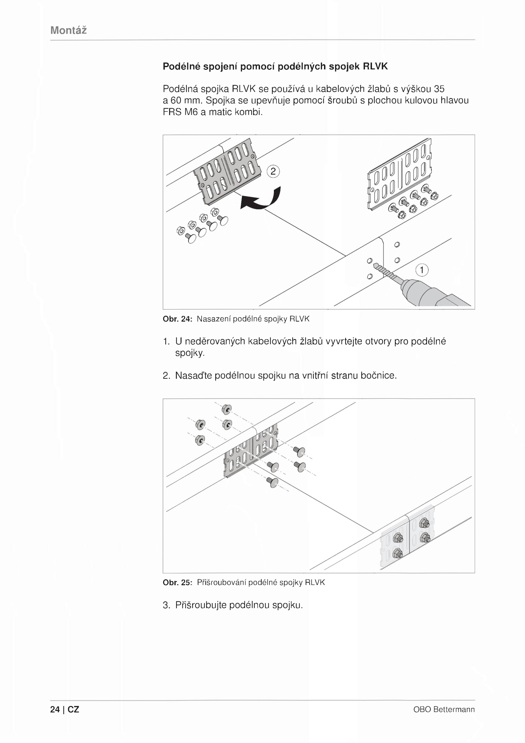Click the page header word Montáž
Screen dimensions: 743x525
pyautogui.click(x=69, y=31)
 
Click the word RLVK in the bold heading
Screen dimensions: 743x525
pyautogui.click(x=375, y=67)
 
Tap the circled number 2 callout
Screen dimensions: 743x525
pyautogui.click(x=273, y=172)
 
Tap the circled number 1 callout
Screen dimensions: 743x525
pyautogui.click(x=422, y=270)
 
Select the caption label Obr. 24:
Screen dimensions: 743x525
pyautogui.click(x=177, y=319)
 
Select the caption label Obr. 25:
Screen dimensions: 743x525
pyautogui.click(x=177, y=583)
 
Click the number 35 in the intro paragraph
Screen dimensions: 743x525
pyautogui.click(x=439, y=89)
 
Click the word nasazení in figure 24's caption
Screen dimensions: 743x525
pyautogui.click(x=213, y=319)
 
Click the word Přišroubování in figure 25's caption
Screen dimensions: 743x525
pyautogui.click(x=221, y=583)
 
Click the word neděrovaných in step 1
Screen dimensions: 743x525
pyautogui.click(x=215, y=341)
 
